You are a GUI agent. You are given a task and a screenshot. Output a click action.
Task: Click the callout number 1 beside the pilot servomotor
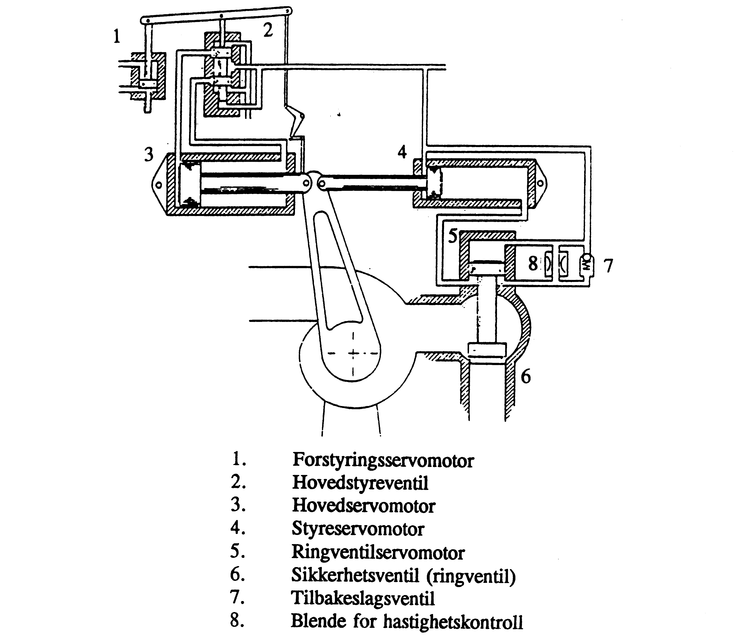click(x=117, y=36)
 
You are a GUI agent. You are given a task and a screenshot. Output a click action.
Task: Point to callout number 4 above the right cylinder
click(x=402, y=152)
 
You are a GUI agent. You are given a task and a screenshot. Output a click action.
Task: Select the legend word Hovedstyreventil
click(x=360, y=483)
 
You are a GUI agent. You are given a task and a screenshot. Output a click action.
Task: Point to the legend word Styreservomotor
click(x=358, y=529)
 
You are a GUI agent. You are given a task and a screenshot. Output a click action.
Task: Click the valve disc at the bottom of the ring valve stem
click(x=487, y=349)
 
